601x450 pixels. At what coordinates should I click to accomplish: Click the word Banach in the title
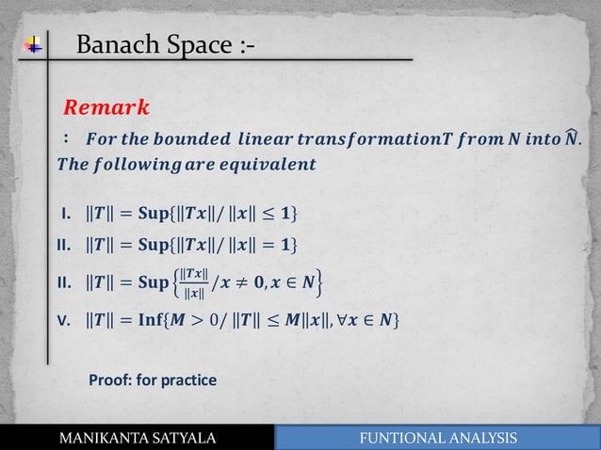coord(118,44)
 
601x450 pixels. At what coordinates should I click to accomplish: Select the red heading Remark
coord(106,103)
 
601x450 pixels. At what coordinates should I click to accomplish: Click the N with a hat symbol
coord(569,138)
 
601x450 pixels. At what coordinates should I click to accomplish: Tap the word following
coord(146,164)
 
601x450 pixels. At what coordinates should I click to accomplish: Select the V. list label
coord(67,323)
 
